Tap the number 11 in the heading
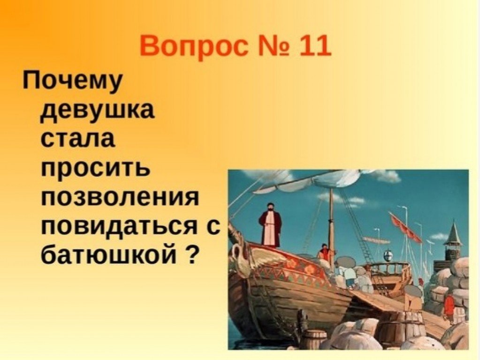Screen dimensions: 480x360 pyautogui.click(x=315, y=45)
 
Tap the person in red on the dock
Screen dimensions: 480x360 pyautogui.click(x=449, y=306)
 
